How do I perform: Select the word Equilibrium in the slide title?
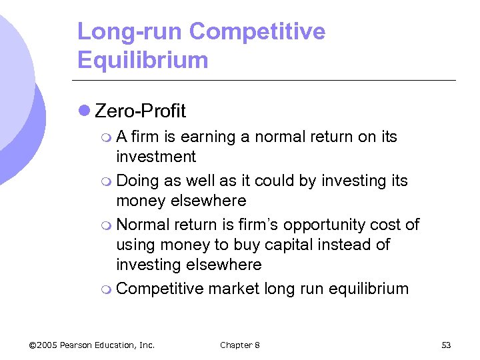(x=143, y=60)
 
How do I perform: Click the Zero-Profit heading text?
(x=141, y=111)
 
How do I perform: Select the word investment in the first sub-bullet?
(x=156, y=157)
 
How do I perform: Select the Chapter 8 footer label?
(x=240, y=345)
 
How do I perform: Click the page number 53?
(x=446, y=345)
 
